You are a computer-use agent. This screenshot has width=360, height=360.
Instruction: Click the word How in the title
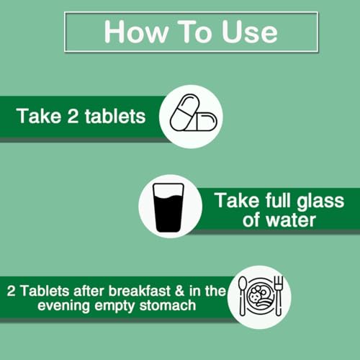[136, 32]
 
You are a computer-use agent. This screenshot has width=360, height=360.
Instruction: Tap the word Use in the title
[250, 32]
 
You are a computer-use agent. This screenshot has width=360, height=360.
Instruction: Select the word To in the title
[194, 32]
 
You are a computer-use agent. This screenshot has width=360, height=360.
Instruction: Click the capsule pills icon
[194, 113]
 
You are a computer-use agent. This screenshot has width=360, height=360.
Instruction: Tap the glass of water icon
[168, 207]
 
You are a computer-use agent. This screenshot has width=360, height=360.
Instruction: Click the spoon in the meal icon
[243, 296]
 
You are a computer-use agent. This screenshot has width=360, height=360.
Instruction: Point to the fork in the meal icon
[279, 295]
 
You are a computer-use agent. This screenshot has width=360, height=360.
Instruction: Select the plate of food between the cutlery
[261, 296]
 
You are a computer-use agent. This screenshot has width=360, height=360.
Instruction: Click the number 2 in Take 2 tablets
[73, 116]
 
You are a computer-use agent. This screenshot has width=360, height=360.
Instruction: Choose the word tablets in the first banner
[115, 116]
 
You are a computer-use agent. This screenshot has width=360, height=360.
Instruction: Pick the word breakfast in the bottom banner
[140, 291]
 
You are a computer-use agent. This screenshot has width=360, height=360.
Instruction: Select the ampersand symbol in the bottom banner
[180, 291]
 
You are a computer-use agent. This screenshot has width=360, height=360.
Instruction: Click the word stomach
[168, 306]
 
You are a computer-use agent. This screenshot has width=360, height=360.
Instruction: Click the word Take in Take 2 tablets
[39, 116]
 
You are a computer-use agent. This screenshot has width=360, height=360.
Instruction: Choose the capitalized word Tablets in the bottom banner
[45, 291]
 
